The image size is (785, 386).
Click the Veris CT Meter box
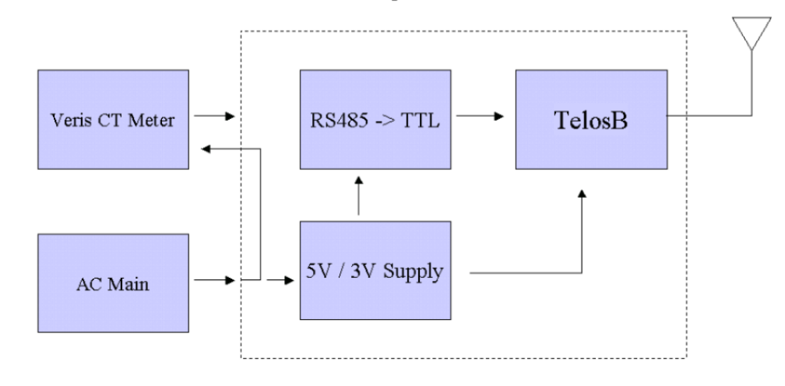coord(113,120)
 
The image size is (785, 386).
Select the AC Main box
coord(113,283)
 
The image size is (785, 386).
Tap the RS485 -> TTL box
coord(375,120)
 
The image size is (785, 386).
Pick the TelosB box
coord(591,120)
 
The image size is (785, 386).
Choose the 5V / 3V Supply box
coord(375,271)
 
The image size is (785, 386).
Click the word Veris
coord(68,121)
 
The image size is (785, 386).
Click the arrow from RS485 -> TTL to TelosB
coord(480,116)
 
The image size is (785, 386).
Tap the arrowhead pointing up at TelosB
coord(582,194)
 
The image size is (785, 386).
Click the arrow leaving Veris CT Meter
coord(214,116)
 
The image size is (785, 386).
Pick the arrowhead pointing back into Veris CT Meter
coord(206,149)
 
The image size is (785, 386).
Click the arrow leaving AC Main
coord(214,280)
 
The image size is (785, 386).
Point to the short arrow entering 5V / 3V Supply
coord(280,280)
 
